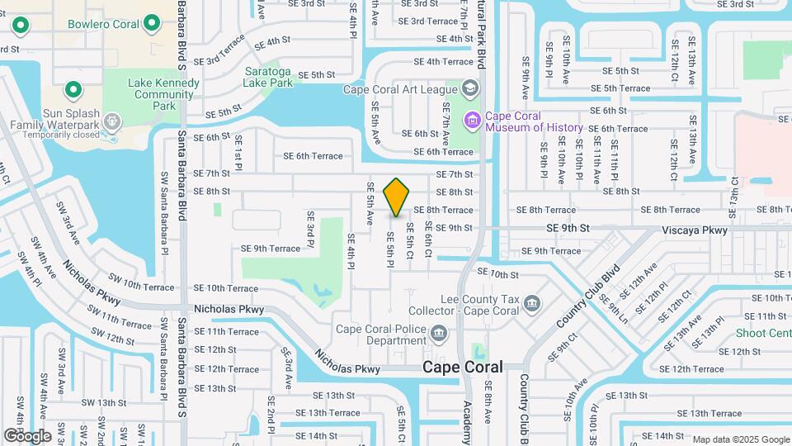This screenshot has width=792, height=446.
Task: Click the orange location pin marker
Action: (x=397, y=197)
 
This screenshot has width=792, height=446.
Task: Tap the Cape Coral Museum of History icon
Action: (x=473, y=121)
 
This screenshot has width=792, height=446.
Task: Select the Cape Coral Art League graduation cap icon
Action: (x=469, y=88)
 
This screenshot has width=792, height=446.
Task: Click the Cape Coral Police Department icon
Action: (x=439, y=334)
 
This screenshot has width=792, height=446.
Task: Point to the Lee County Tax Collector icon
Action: (x=533, y=304)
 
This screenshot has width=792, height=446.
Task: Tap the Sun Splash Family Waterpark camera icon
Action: (x=112, y=121)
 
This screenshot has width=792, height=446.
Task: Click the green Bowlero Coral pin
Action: (x=151, y=24)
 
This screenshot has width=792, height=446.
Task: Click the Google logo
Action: (x=28, y=435)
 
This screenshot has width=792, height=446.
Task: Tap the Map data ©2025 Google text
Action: (x=740, y=439)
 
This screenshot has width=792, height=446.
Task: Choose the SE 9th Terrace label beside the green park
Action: (x=271, y=248)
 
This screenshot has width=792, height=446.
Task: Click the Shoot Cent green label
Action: (x=763, y=334)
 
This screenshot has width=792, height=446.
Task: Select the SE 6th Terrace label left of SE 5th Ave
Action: (x=313, y=155)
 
